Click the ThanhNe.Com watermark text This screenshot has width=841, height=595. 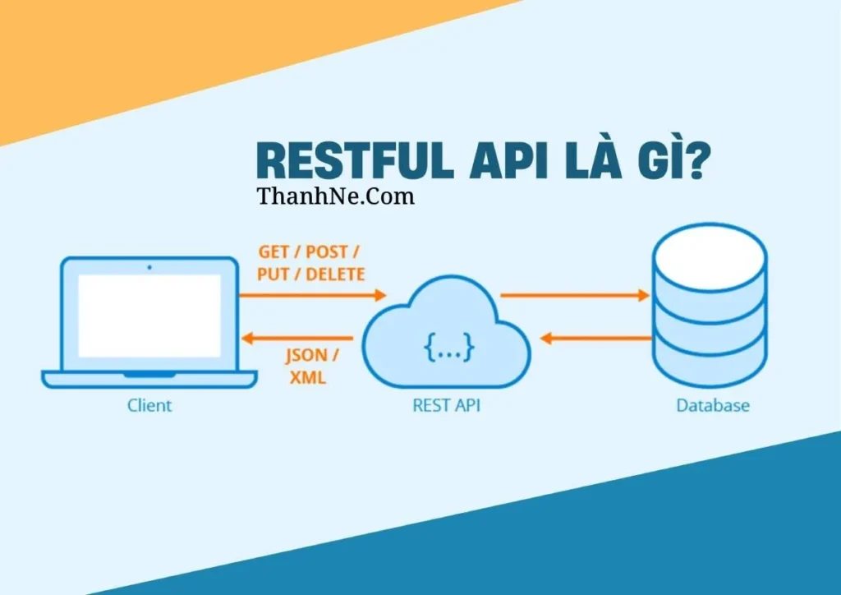point(335,196)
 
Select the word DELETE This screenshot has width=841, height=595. point(334,274)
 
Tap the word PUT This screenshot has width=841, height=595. point(273,274)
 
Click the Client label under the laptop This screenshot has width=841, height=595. point(149,405)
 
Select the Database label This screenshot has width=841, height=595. point(712,405)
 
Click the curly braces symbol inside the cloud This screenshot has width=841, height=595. point(448,348)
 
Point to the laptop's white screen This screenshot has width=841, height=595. point(149,316)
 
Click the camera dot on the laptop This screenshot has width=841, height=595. point(149,267)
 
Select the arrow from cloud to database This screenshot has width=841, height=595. point(574,295)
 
